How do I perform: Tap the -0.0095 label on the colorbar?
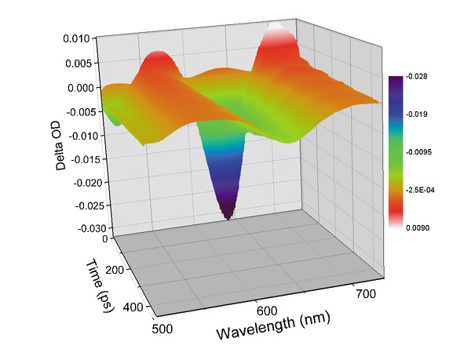[417, 151]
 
